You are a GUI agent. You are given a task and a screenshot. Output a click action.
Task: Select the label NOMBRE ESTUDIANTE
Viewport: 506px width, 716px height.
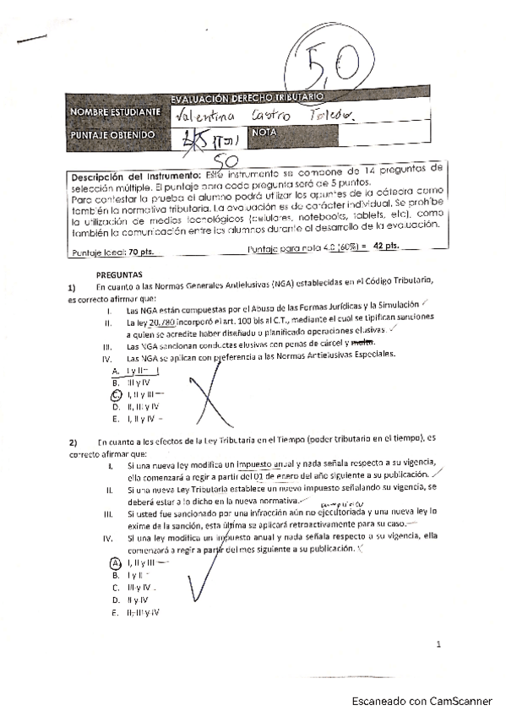click(115, 112)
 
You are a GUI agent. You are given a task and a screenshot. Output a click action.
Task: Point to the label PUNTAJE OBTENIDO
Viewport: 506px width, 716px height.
click(113, 134)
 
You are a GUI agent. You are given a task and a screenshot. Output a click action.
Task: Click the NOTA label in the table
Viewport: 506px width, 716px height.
click(264, 133)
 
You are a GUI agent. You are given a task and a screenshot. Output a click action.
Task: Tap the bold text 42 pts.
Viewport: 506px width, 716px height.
click(384, 247)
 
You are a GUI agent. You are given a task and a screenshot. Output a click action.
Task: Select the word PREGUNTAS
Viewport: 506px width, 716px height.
click(118, 275)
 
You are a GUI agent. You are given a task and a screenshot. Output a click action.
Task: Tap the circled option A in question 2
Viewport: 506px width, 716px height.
click(116, 562)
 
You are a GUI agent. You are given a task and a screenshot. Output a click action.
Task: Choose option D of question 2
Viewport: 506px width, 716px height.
click(116, 599)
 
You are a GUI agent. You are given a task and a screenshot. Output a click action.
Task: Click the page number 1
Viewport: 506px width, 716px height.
click(438, 644)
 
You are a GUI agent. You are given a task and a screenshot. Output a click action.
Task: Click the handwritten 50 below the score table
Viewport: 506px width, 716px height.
click(224, 158)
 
